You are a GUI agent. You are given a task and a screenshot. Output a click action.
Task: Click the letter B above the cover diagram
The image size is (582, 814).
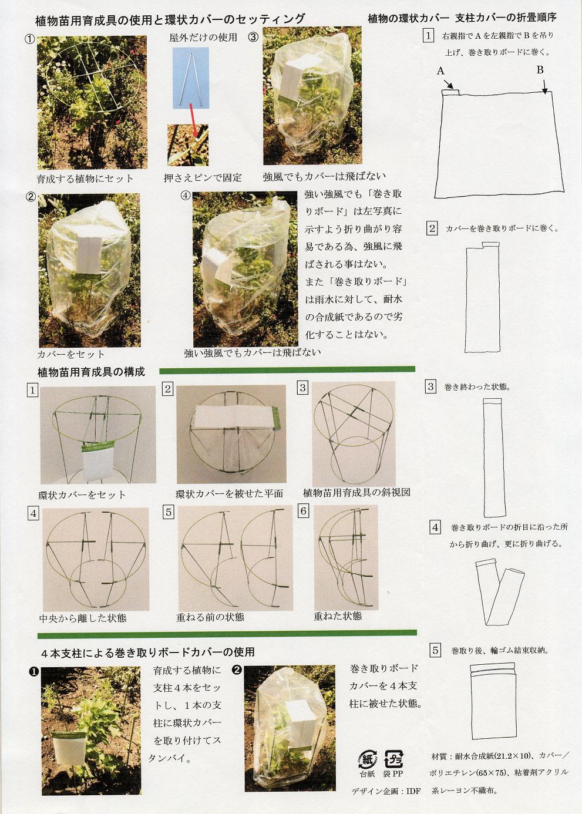540,70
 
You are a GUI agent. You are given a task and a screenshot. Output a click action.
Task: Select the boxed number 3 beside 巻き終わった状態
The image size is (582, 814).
431,387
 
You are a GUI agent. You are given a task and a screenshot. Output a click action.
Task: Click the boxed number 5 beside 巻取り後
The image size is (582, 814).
435,650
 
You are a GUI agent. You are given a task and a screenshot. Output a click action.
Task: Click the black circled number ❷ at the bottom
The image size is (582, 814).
237,670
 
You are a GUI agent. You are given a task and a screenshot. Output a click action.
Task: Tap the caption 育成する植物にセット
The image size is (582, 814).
85,179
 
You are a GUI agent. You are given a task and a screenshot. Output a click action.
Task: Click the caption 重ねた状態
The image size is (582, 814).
338,616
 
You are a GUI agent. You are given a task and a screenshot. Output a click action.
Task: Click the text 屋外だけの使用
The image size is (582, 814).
203,38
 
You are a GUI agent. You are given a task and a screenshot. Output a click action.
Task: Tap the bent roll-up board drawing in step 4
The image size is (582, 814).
494,591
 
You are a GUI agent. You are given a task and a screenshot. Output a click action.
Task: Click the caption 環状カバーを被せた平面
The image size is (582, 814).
229,493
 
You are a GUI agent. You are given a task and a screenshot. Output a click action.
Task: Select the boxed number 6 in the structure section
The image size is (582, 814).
304,511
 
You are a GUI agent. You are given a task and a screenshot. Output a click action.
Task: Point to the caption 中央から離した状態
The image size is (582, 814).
83,618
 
